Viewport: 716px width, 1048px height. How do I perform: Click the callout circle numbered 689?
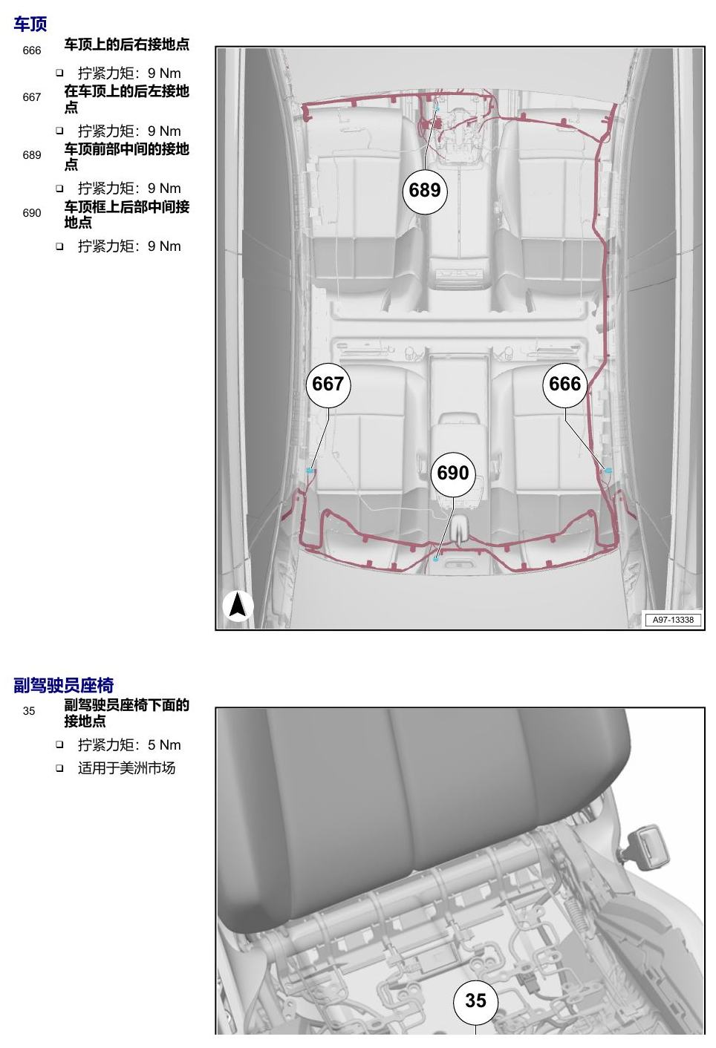click(x=425, y=191)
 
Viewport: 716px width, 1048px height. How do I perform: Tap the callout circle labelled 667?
click(x=328, y=385)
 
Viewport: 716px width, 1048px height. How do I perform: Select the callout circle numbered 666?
click(x=564, y=385)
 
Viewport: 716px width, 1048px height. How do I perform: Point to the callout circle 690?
click(x=453, y=474)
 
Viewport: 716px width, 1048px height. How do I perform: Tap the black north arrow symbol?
click(x=238, y=606)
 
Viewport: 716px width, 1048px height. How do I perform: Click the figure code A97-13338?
click(x=673, y=620)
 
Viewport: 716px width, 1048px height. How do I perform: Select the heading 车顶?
click(x=30, y=24)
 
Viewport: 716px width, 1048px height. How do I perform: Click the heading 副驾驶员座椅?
click(x=64, y=685)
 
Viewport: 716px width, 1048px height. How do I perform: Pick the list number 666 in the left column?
click(x=32, y=50)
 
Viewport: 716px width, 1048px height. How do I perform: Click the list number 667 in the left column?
click(x=32, y=97)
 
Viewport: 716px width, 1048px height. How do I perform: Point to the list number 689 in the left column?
click(x=32, y=155)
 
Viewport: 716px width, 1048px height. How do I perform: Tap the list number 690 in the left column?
click(x=32, y=213)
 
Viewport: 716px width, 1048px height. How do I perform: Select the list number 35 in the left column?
click(x=28, y=711)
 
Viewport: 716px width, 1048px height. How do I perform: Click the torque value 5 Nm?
click(x=164, y=745)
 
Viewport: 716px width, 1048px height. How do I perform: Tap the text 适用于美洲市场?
click(x=126, y=768)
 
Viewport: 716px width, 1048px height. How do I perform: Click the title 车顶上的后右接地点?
click(x=127, y=45)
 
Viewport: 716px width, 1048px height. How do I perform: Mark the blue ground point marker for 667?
click(x=309, y=470)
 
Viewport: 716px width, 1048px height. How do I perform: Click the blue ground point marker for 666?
click(x=608, y=471)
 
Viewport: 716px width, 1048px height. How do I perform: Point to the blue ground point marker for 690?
click(x=435, y=559)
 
